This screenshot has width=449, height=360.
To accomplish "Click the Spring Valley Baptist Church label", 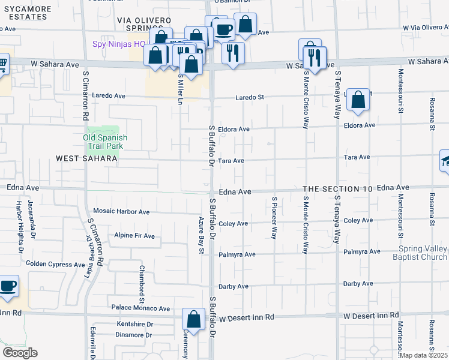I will (423, 253).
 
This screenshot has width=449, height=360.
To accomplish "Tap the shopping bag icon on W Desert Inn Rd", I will (193, 320).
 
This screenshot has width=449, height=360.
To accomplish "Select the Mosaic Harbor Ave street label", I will (121, 212).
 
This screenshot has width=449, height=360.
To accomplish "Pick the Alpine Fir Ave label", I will (134, 236).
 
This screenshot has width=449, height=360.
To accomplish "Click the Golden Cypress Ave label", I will (55, 264).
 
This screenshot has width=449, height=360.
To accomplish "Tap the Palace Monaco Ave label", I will (140, 308).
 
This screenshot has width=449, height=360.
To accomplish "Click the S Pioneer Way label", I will (274, 217).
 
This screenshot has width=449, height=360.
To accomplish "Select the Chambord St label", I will (142, 284).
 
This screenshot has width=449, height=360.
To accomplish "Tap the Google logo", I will (20, 353).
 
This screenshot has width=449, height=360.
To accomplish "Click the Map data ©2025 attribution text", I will (424, 355).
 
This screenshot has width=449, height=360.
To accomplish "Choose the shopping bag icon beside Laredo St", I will (358, 101).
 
